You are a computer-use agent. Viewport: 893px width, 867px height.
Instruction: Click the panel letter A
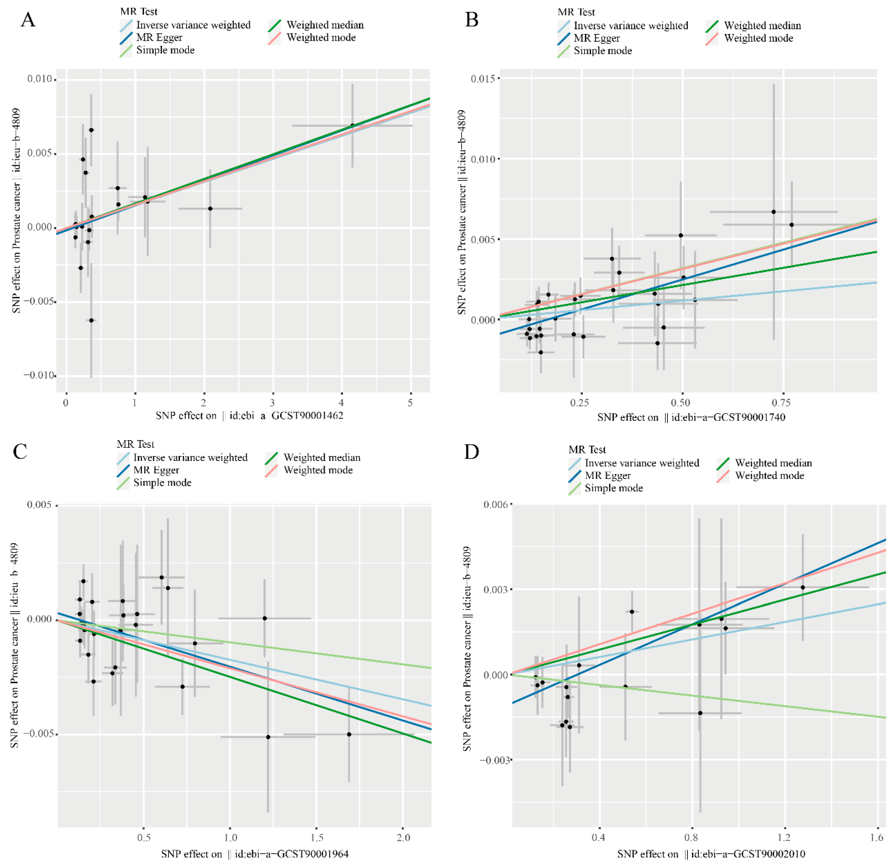point(28,20)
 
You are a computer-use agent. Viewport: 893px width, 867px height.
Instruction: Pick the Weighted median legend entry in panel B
point(762,26)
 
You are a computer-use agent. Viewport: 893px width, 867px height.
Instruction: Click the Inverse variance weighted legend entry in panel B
point(631,26)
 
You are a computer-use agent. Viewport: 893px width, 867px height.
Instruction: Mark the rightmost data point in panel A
point(352,125)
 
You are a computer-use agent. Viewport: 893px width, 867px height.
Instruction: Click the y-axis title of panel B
point(462,212)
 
